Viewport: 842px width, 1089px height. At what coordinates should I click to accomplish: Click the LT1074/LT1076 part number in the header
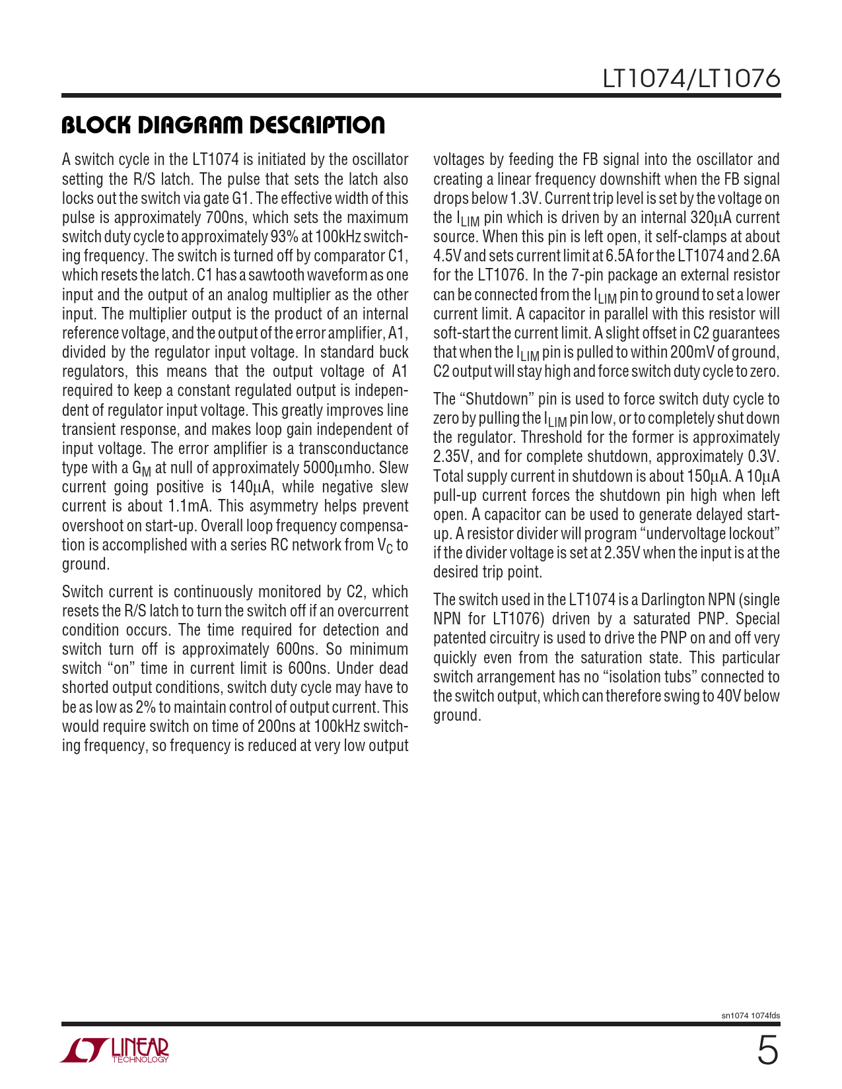(x=691, y=79)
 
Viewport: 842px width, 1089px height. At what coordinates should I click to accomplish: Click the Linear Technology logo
(x=115, y=1050)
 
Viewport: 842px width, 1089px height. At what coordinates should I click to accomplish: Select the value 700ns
(x=225, y=218)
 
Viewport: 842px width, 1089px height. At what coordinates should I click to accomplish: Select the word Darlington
(x=668, y=600)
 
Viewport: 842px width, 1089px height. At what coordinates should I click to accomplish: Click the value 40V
(x=727, y=696)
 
